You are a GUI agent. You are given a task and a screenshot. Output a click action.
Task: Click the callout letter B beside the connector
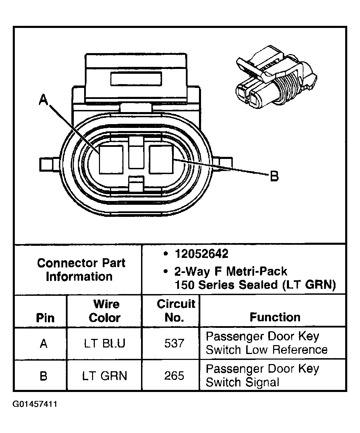pyautogui.click(x=274, y=176)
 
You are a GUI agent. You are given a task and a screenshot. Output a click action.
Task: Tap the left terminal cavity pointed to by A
pyautogui.click(x=111, y=159)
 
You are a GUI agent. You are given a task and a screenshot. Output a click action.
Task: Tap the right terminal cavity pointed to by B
pyautogui.click(x=161, y=159)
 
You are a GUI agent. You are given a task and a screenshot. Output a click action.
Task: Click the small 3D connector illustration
pyautogui.click(x=276, y=79)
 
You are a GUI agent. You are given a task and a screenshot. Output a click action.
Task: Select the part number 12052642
pyautogui.click(x=201, y=254)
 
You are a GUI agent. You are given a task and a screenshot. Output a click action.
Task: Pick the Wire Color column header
pyautogui.click(x=104, y=311)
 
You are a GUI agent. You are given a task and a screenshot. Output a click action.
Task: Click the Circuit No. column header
pyautogui.click(x=175, y=311)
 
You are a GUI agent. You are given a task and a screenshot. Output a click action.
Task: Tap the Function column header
pyautogui.click(x=275, y=317)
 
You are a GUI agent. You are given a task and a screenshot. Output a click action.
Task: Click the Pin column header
pyautogui.click(x=45, y=318)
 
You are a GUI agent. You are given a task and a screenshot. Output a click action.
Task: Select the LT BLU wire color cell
pyautogui.click(x=105, y=343)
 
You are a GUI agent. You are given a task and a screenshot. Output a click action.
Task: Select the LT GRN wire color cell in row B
pyautogui.click(x=105, y=375)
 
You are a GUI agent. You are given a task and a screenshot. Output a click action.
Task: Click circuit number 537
pyautogui.click(x=174, y=343)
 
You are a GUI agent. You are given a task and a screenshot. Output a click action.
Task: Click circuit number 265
pyautogui.click(x=174, y=375)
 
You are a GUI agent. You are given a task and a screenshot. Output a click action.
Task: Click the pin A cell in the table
pyautogui.click(x=43, y=343)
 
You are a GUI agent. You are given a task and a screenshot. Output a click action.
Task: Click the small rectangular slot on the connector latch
pyautogui.click(x=136, y=79)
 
